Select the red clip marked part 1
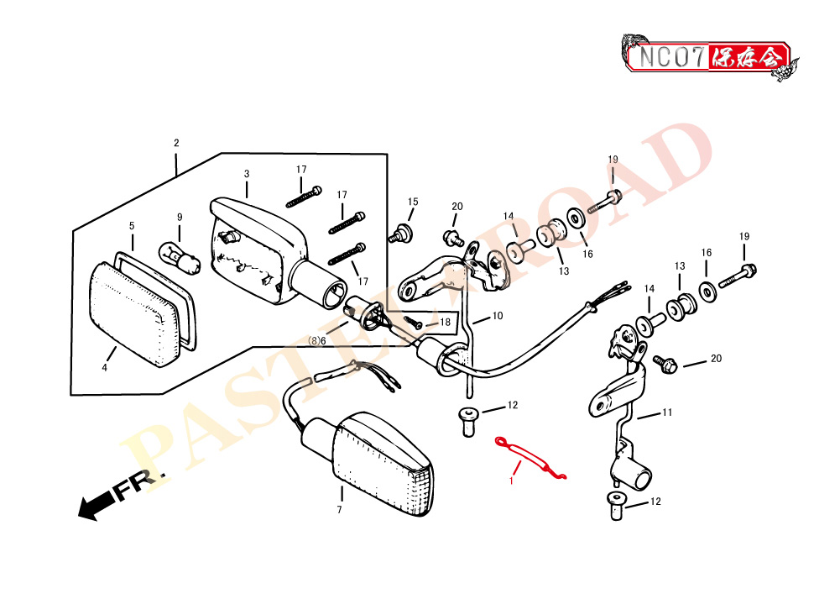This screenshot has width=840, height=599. pyautogui.click(x=530, y=458)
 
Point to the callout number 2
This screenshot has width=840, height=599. pyautogui.click(x=176, y=143)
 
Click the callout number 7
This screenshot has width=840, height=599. pyautogui.click(x=339, y=509)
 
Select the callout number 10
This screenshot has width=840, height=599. pyautogui.click(x=498, y=316)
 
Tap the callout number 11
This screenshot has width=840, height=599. pyautogui.click(x=667, y=412)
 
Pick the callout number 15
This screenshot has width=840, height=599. pyautogui.click(x=413, y=202)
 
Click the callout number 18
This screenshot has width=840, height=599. pyautogui.click(x=446, y=322)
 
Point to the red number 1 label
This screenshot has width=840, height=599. pyautogui.click(x=511, y=481)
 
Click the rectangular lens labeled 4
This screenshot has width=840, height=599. pyautogui.click(x=134, y=313)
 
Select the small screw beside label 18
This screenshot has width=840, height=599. pyautogui.click(x=413, y=323)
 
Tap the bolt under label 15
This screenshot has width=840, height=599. pyautogui.click(x=400, y=234)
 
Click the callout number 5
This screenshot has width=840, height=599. pyautogui.click(x=132, y=226)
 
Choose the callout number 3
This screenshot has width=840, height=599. pyautogui.click(x=247, y=174)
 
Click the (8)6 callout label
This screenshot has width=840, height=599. pyautogui.click(x=316, y=340)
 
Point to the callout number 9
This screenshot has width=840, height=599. pyautogui.click(x=180, y=218)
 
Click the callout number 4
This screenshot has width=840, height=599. pyautogui.click(x=104, y=367)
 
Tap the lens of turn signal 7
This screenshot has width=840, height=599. pyautogui.click(x=382, y=465)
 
